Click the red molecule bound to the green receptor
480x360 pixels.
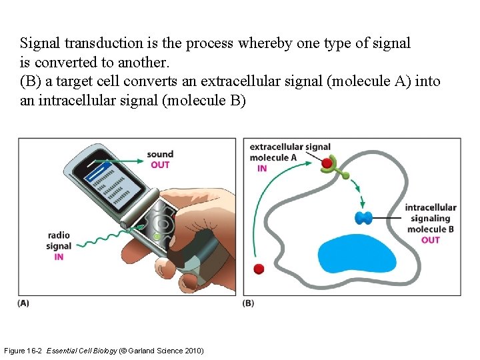click(x=327, y=163)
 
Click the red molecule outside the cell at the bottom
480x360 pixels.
click(x=259, y=269)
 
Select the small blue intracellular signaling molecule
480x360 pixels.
click(x=364, y=217)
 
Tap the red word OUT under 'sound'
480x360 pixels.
click(x=160, y=165)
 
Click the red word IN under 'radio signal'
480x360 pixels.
click(x=59, y=257)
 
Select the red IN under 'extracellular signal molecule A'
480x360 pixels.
click(x=261, y=168)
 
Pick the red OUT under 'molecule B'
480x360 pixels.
click(x=431, y=240)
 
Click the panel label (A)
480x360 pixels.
click(x=23, y=303)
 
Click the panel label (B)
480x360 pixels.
click(x=249, y=303)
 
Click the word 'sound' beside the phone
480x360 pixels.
click(x=160, y=155)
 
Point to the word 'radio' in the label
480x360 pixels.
click(x=59, y=235)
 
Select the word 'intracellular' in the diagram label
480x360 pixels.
click(x=431, y=207)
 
